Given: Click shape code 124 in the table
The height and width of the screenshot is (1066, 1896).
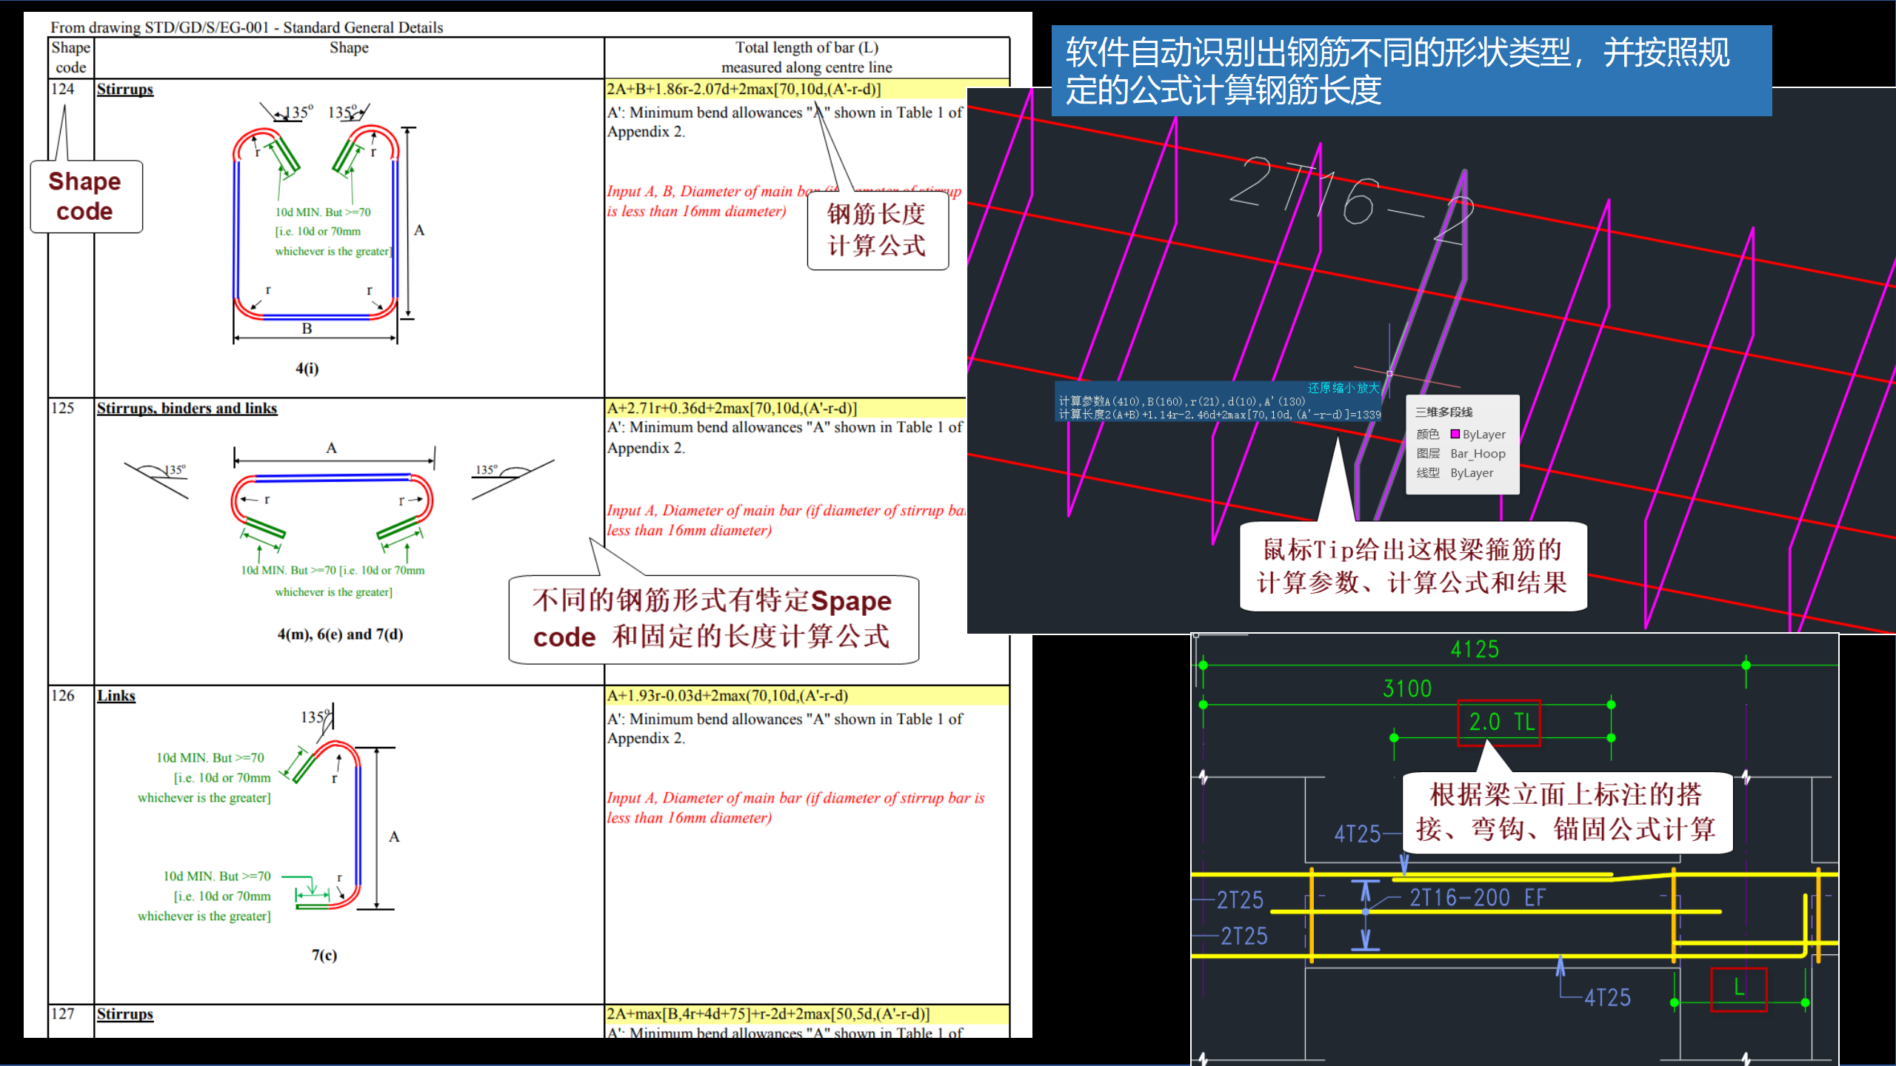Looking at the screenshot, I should pyautogui.click(x=63, y=89).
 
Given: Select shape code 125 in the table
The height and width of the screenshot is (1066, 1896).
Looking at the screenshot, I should pyautogui.click(x=63, y=408).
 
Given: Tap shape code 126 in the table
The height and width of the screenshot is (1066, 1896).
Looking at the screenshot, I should pyautogui.click(x=63, y=696).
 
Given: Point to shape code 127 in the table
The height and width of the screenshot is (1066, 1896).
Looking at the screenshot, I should pyautogui.click(x=63, y=1013).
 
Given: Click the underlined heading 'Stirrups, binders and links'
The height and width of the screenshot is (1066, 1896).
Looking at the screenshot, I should pyautogui.click(x=187, y=409).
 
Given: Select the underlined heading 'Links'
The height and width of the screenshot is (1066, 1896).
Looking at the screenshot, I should pyautogui.click(x=116, y=696).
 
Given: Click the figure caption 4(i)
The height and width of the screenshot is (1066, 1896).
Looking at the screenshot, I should pyautogui.click(x=307, y=368).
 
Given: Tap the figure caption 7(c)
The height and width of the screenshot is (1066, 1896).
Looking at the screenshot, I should pyautogui.click(x=324, y=955).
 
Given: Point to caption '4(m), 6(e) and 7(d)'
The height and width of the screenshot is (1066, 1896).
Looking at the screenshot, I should pyautogui.click(x=340, y=634).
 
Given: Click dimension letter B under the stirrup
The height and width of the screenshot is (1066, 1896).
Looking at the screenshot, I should pyautogui.click(x=307, y=329).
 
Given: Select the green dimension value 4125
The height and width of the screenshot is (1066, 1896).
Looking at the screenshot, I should pyautogui.click(x=1475, y=650).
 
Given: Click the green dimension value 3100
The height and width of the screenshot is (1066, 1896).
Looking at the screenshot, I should pyautogui.click(x=1407, y=689).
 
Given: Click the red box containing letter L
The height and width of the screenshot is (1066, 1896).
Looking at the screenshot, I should pyautogui.click(x=1738, y=989).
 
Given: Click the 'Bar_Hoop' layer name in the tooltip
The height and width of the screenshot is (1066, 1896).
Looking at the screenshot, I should pyautogui.click(x=1478, y=454).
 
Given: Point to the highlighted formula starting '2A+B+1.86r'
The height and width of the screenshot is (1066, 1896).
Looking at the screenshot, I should pyautogui.click(x=744, y=90).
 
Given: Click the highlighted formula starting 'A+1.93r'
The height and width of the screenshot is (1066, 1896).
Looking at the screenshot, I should pyautogui.click(x=727, y=696).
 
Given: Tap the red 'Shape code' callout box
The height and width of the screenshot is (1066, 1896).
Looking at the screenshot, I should pyautogui.click(x=85, y=196).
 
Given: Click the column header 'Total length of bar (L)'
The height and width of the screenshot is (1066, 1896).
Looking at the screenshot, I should pyautogui.click(x=807, y=48).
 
